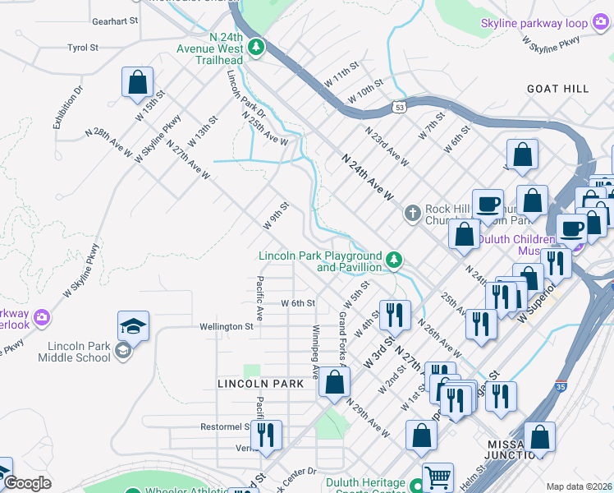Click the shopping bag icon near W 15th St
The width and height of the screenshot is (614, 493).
[x=137, y=83]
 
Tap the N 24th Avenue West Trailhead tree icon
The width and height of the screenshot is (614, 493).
[x=256, y=48]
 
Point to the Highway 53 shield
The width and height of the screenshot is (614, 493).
[x=399, y=106]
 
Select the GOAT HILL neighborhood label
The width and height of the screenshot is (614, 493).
[x=558, y=89]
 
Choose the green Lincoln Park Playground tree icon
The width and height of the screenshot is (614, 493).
[x=395, y=260]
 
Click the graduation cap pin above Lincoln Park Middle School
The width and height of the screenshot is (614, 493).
[x=134, y=327]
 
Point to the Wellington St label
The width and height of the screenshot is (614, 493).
[x=227, y=326]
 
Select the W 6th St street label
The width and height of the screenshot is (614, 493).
[x=298, y=303]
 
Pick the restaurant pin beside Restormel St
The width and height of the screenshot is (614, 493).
[x=265, y=435]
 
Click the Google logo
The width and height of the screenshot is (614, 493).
[x=27, y=483]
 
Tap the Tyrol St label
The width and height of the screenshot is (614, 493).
[x=83, y=48]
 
